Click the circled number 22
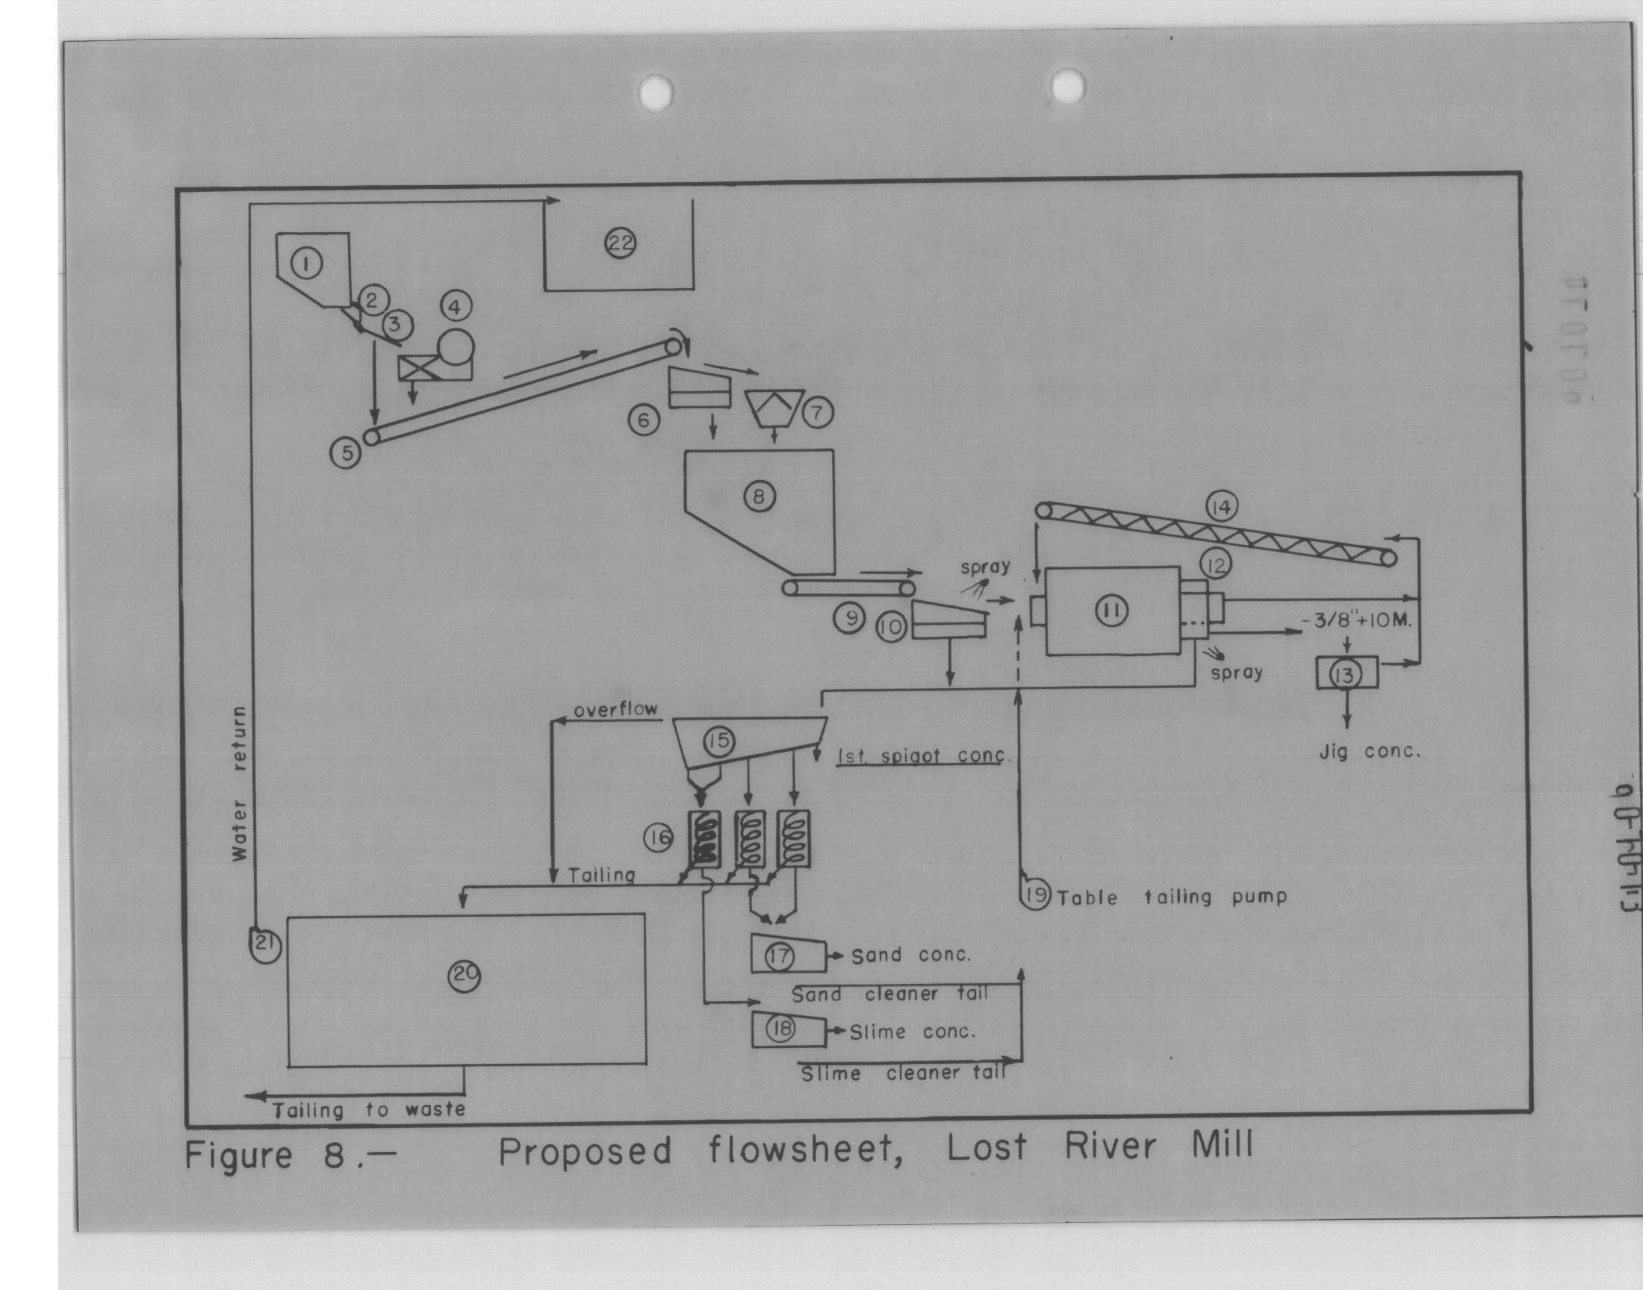[623, 243]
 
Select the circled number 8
[760, 496]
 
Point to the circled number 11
[1112, 611]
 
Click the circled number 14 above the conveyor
[1221, 508]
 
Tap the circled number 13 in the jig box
[1345, 674]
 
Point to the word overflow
[615, 711]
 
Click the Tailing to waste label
[369, 1110]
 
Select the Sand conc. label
[910, 956]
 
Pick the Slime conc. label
[912, 1032]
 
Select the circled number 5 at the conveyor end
[347, 453]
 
